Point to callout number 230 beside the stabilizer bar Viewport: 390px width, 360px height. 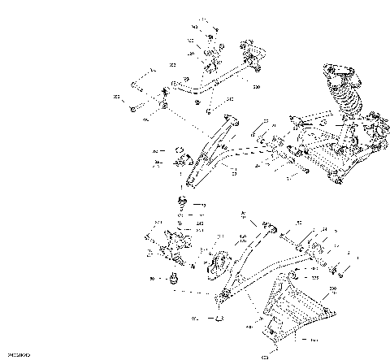[x=256, y=85]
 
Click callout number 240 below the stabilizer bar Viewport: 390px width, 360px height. [x=230, y=100]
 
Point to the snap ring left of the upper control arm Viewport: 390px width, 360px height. [x=173, y=151]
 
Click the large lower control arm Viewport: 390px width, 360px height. [x=260, y=272]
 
